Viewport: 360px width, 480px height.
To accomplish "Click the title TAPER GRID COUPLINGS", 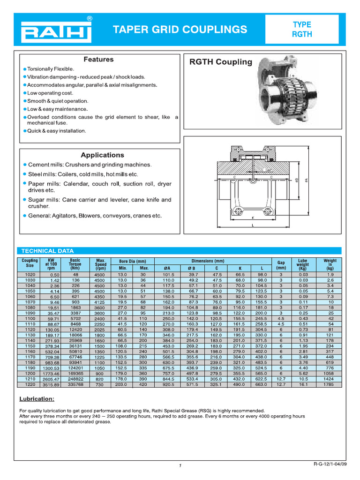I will [x=180, y=30].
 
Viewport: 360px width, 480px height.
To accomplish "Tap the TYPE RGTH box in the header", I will [x=302, y=29].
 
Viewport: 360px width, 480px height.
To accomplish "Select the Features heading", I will [x=98, y=60].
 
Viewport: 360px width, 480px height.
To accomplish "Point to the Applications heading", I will [x=102, y=155].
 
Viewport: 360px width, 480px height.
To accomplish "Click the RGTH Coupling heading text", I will [x=220, y=62].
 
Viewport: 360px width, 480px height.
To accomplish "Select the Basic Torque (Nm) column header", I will [x=75, y=264].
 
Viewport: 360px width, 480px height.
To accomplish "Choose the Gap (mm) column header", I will [x=281, y=264].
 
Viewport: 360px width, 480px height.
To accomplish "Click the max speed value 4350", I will [x=99, y=297].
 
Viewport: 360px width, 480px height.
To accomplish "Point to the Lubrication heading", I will [x=37, y=399].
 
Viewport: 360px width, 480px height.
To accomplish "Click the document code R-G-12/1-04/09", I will [x=330, y=464].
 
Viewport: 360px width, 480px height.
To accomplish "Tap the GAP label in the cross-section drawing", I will [x=269, y=170].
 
